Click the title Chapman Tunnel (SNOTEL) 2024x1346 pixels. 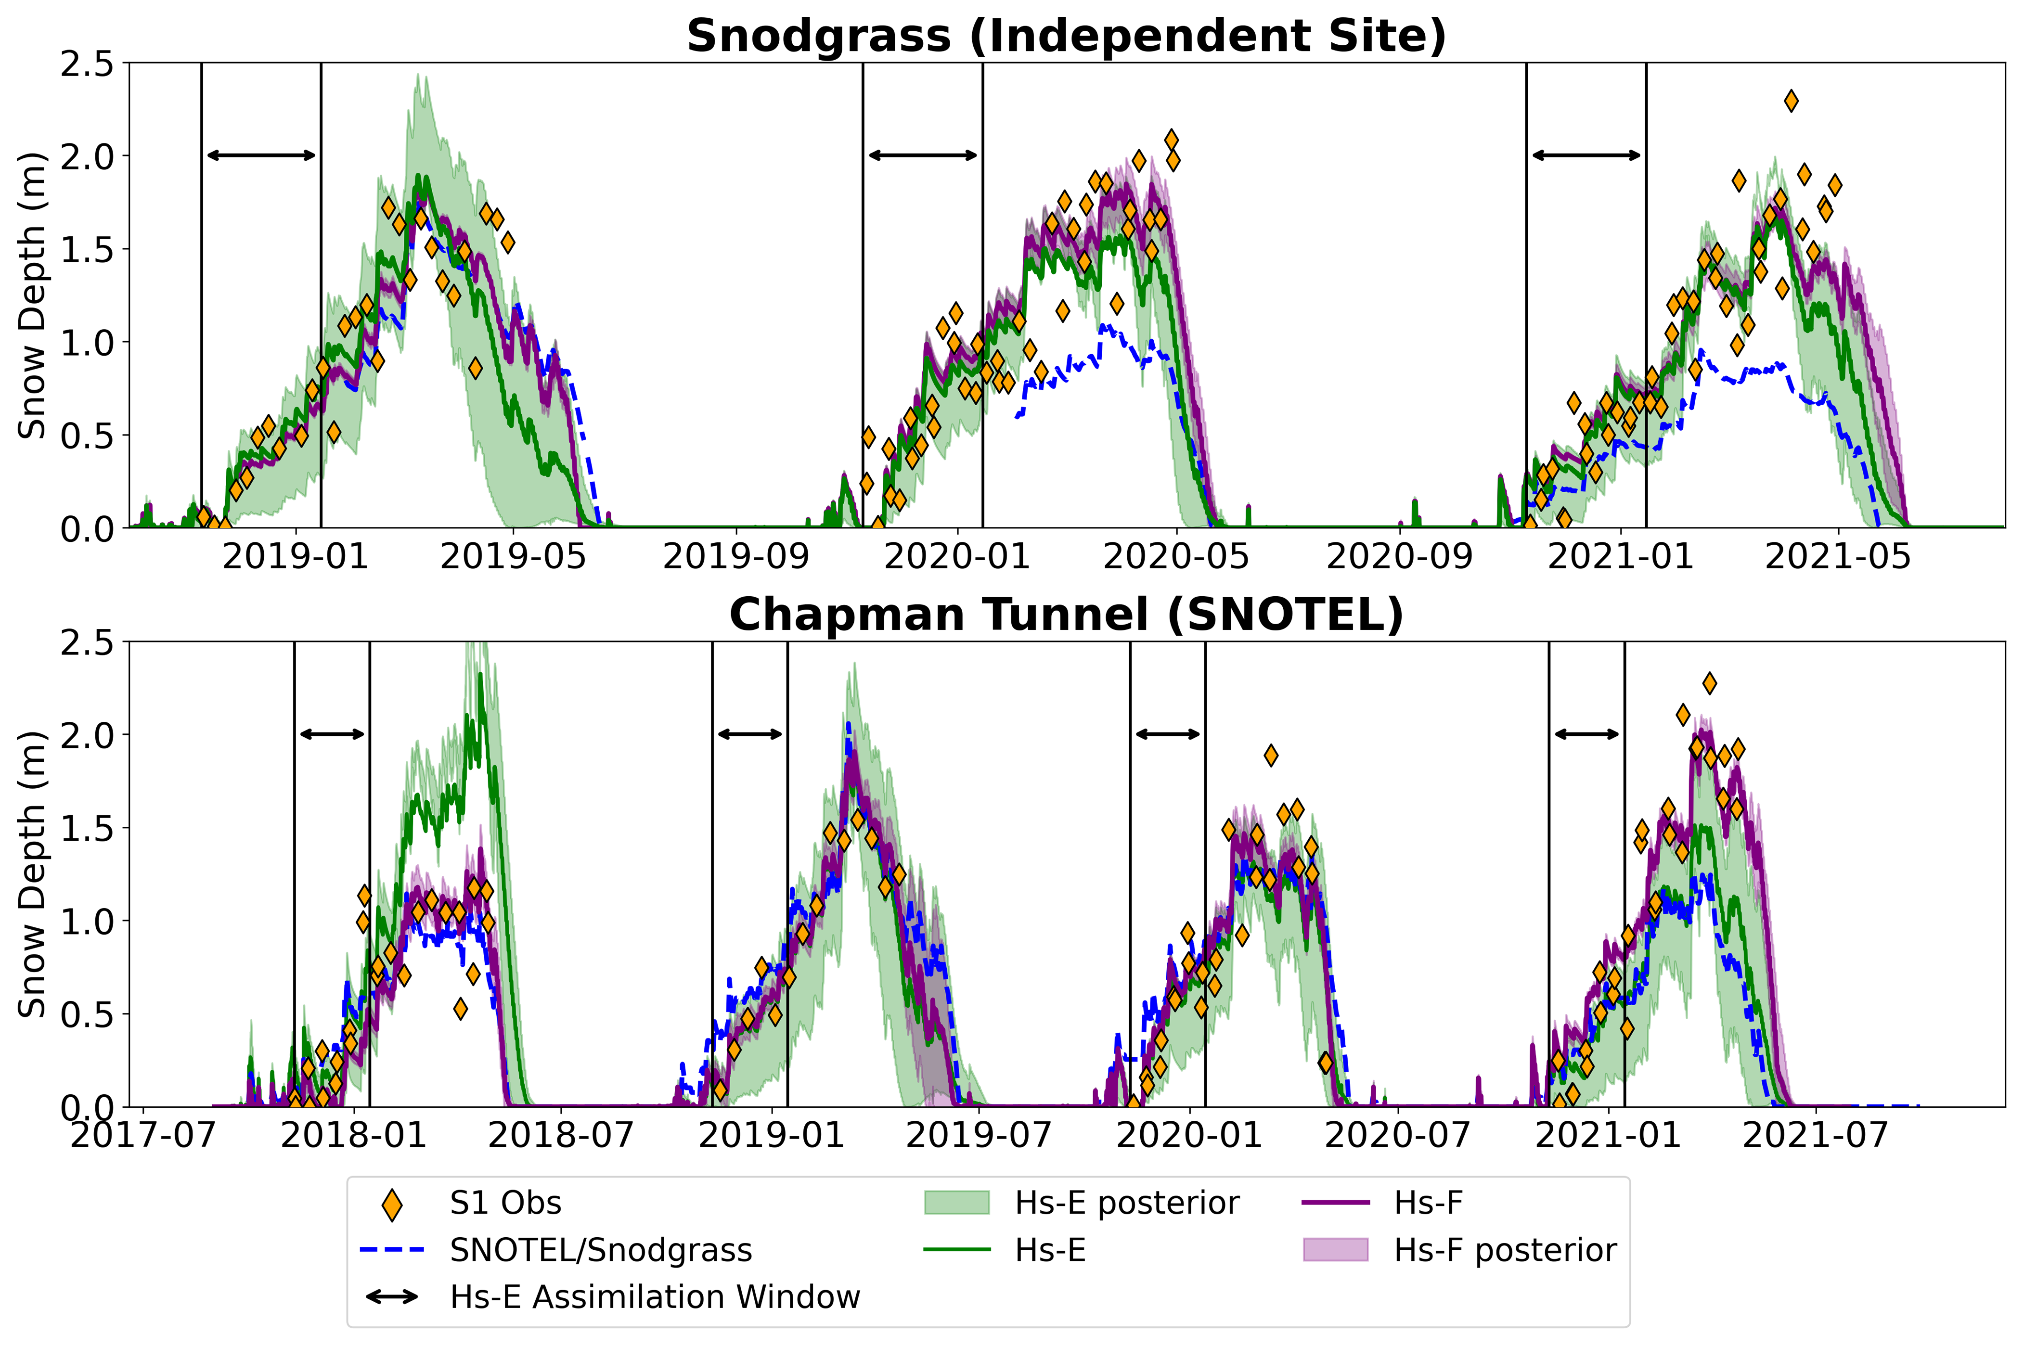click(x=1066, y=615)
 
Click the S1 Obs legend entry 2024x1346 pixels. click(x=505, y=1204)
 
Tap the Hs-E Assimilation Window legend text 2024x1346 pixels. click(x=655, y=1296)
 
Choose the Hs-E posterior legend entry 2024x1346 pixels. click(x=1126, y=1204)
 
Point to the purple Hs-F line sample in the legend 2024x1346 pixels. click(x=1335, y=1204)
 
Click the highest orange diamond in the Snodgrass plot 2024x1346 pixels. click(x=1791, y=101)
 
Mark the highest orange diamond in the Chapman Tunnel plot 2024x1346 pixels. click(x=1709, y=683)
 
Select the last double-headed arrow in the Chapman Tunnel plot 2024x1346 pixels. click(x=1586, y=734)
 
